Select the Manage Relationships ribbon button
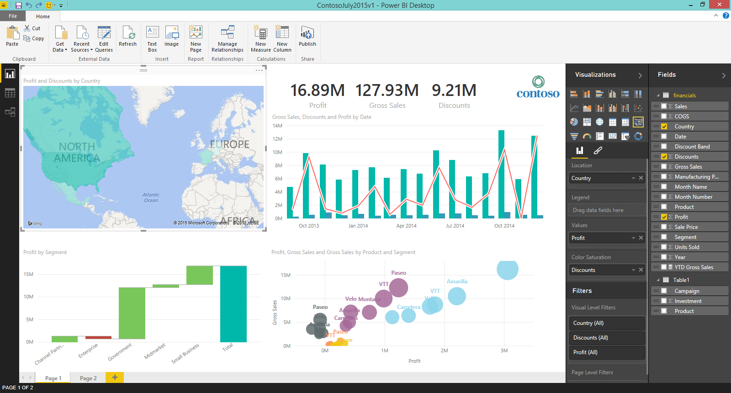click(x=228, y=39)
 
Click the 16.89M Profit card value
click(x=318, y=90)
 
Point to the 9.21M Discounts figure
click(x=454, y=90)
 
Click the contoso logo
click(x=538, y=88)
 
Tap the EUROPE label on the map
click(x=229, y=144)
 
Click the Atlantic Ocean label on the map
click(x=151, y=197)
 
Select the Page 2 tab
click(x=88, y=378)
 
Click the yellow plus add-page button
click(x=115, y=377)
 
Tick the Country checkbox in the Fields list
click(x=664, y=127)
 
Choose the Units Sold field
click(x=687, y=247)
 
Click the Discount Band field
click(x=692, y=147)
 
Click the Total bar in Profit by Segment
click(x=233, y=304)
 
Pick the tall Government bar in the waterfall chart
click(x=132, y=313)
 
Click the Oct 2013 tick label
click(x=309, y=226)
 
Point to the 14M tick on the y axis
click(x=277, y=126)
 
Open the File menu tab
click(x=13, y=16)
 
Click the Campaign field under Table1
click(x=687, y=291)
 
